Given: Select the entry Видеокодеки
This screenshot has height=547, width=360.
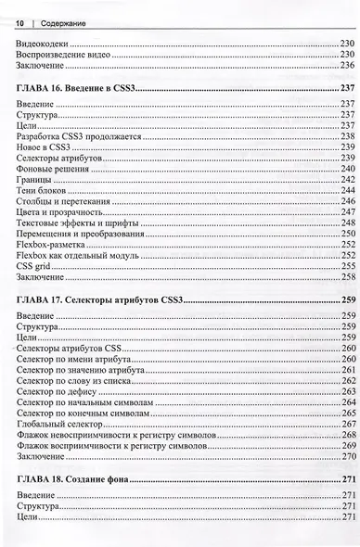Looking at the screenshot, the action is [x=44, y=44].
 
